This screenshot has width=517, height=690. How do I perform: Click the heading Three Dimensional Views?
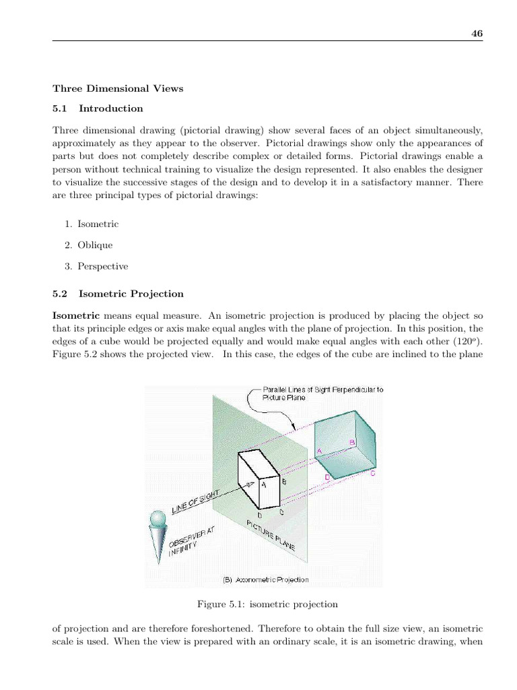click(118, 88)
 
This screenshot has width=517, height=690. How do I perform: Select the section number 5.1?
click(61, 108)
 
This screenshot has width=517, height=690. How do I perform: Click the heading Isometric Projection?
click(131, 294)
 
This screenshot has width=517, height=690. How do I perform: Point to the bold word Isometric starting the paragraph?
click(76, 315)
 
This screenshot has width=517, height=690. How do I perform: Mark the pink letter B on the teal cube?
click(351, 442)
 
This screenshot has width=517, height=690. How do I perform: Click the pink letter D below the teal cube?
click(327, 476)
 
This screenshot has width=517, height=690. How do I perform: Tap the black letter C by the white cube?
click(281, 511)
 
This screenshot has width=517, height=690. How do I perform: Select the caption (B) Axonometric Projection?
click(265, 579)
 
